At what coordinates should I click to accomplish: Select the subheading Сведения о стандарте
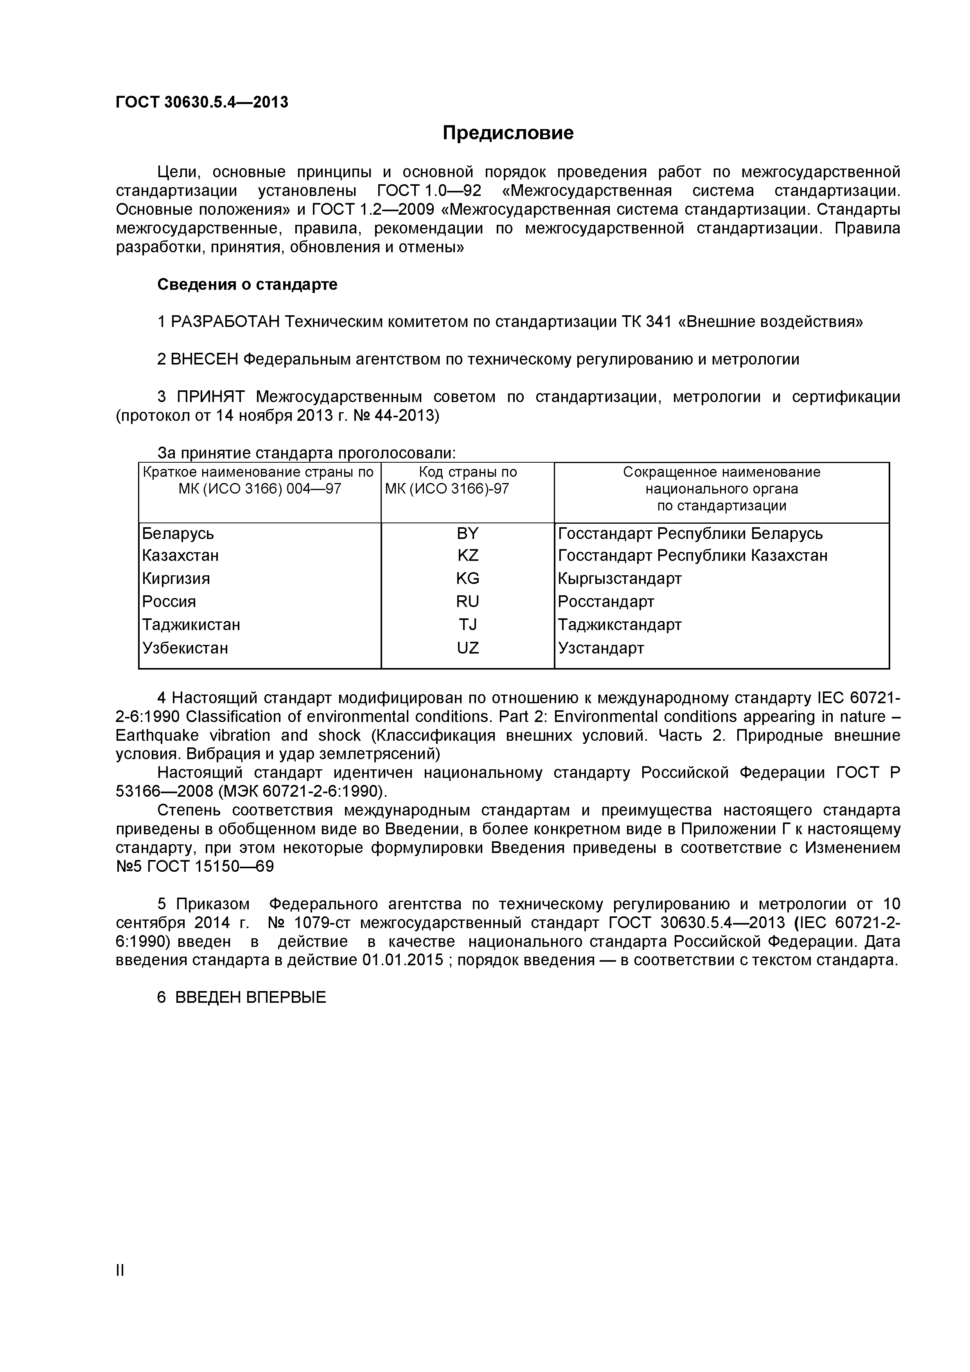[247, 284]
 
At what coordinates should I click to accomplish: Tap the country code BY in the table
[467, 533]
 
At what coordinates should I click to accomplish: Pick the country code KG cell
[467, 578]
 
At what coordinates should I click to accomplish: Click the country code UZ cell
[467, 648]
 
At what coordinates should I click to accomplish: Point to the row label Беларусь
[178, 533]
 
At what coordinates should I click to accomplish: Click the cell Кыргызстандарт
[619, 578]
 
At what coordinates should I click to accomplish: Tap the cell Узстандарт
[601, 648]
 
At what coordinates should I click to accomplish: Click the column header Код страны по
[467, 472]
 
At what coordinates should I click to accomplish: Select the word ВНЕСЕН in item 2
[205, 359]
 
